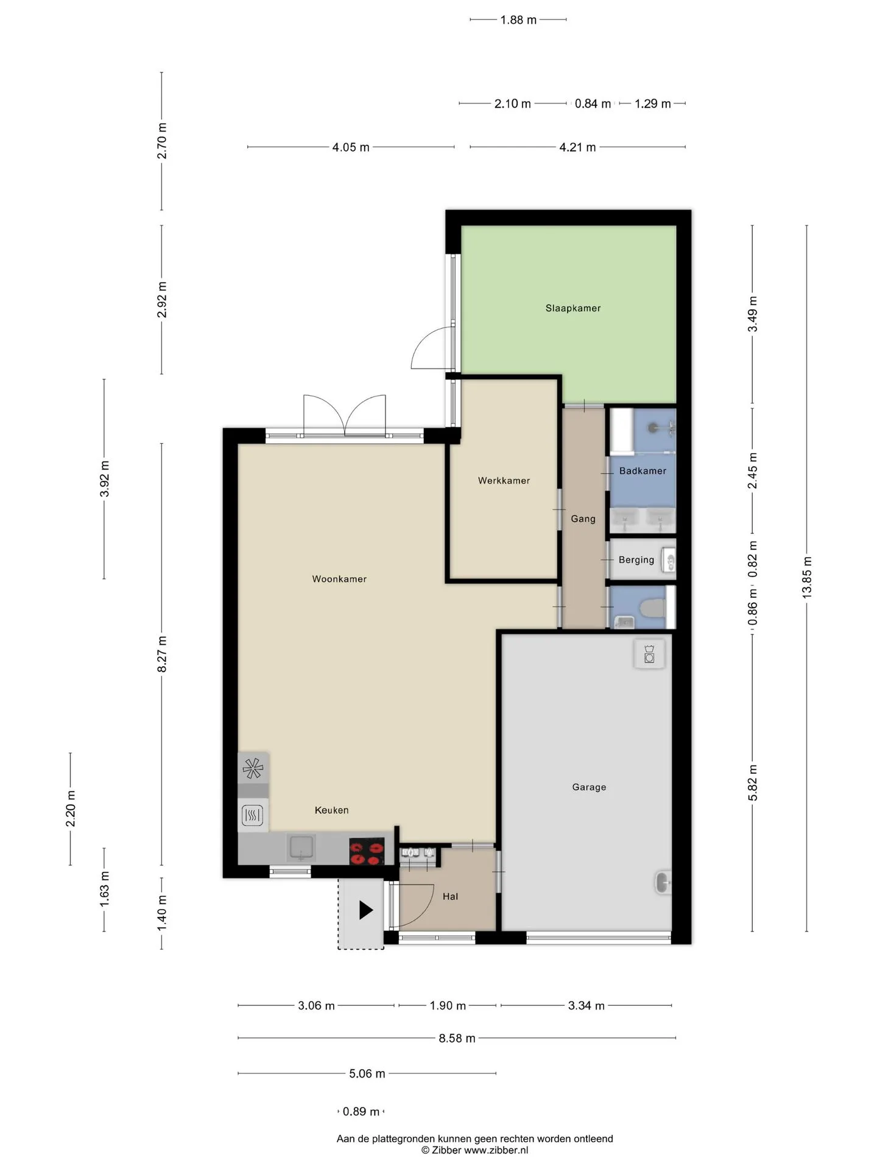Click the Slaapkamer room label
click(573, 308)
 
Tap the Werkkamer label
click(504, 480)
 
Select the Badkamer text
click(643, 471)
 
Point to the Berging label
click(636, 560)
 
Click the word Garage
click(589, 787)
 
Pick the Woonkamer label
click(339, 579)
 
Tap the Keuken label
click(331, 810)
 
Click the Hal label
click(450, 896)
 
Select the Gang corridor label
click(583, 519)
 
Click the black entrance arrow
click(365, 910)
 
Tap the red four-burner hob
click(367, 852)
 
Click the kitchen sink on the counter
click(301, 848)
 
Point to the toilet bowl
click(652, 606)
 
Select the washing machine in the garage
click(649, 653)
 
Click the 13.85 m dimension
click(807, 577)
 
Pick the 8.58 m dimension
click(457, 1038)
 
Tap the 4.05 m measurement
click(351, 147)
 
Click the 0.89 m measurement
click(361, 1112)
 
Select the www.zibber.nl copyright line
click(474, 1150)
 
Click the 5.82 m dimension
click(753, 783)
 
